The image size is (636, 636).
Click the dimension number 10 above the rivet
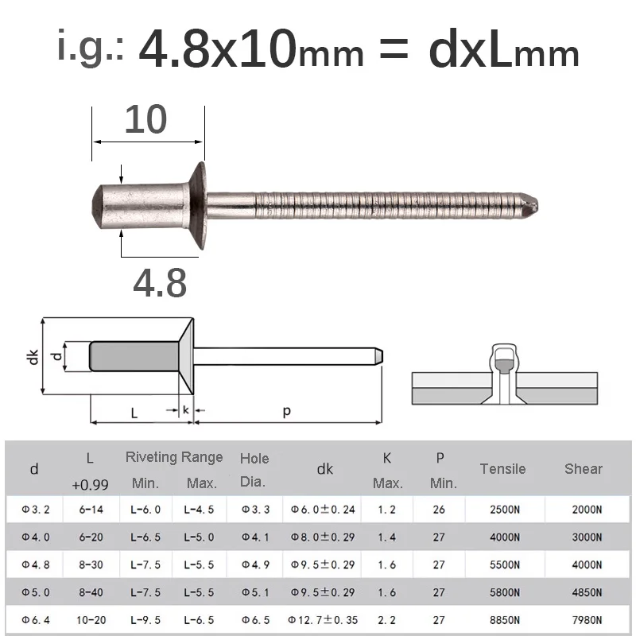click(x=146, y=119)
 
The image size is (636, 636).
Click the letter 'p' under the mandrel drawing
click(x=286, y=410)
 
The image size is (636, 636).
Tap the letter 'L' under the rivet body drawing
click(x=134, y=413)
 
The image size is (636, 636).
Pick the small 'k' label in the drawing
click(x=185, y=410)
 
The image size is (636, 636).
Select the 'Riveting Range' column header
click(x=174, y=457)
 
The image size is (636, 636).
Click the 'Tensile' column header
click(x=502, y=468)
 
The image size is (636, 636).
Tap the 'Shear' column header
click(x=584, y=468)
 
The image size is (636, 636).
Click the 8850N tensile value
click(x=503, y=619)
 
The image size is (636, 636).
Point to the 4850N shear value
click(x=584, y=591)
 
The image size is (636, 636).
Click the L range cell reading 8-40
click(x=90, y=591)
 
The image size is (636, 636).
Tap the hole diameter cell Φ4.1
click(x=254, y=537)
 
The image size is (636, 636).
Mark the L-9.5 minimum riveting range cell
click(x=145, y=619)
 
